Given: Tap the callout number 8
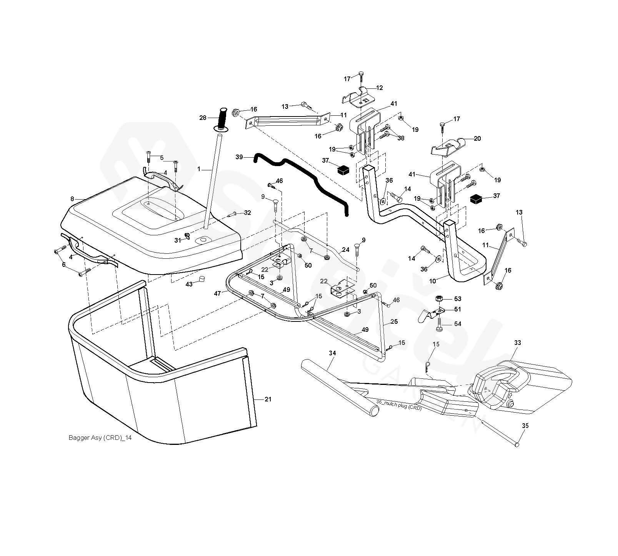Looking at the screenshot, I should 72,199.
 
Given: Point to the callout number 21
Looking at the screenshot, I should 268,400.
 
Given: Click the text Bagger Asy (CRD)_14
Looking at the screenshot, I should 100,438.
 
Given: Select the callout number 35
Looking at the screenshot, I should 525,426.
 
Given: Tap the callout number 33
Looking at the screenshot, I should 517,343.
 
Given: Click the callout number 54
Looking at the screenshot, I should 458,324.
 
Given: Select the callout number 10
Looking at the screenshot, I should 433,281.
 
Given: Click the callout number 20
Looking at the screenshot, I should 477,138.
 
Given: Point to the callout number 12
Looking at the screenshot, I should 380,88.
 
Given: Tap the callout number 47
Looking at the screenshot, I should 218,293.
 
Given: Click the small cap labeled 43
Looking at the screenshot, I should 200,279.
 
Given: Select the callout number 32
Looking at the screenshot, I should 247,213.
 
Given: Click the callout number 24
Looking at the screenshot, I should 346,250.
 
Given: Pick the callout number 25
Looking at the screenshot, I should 394,321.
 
